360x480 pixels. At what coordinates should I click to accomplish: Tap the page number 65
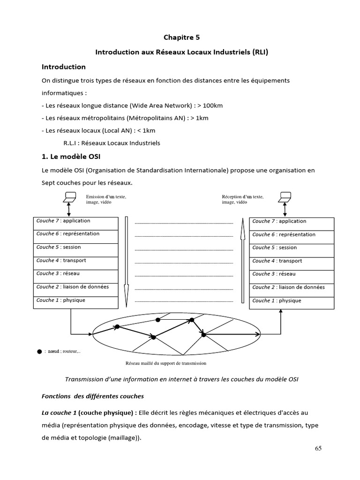[318, 448]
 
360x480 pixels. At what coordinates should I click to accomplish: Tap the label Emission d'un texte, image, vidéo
[106, 199]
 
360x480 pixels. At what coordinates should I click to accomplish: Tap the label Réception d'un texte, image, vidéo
[242, 199]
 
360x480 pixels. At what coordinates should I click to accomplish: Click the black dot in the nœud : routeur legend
[39, 351]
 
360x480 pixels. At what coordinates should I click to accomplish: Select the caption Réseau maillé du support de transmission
[166, 363]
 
